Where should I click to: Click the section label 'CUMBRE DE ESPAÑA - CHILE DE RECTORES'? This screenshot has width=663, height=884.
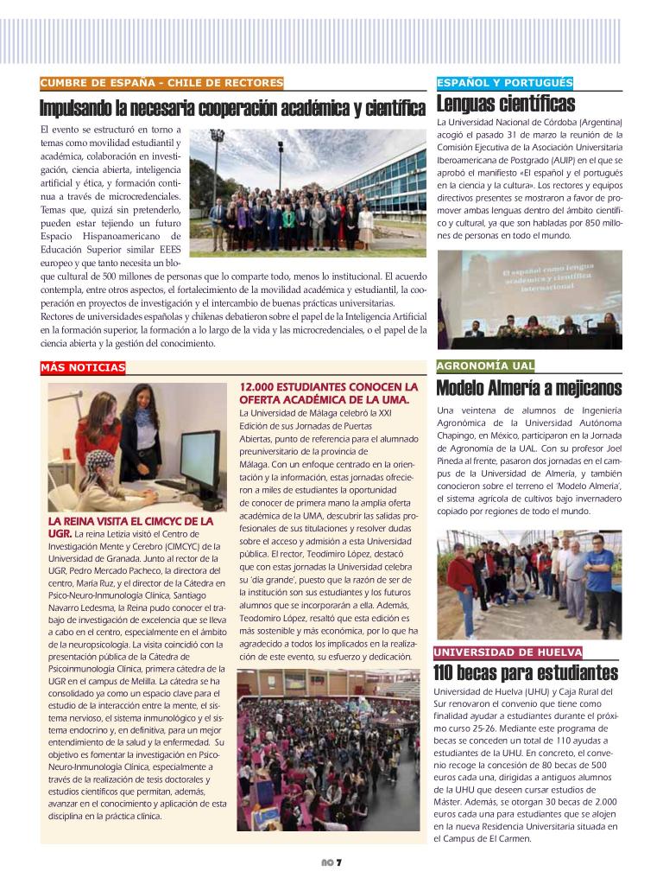coord(161,83)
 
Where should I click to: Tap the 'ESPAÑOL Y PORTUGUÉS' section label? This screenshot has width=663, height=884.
coord(505,83)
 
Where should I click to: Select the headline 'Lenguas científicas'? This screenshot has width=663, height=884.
coord(506,105)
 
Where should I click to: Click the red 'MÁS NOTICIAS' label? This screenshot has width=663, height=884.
coord(83,368)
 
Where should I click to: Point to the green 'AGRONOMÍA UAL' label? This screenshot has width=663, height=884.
coord(485,366)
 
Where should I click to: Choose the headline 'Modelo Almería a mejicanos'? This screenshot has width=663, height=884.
coord(528,388)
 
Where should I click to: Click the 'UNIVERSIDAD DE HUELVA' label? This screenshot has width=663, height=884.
coord(508,652)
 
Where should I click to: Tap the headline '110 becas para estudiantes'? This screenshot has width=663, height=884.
coord(527,673)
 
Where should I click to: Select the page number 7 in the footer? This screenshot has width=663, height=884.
coord(339,862)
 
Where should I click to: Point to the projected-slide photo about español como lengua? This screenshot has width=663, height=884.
coord(529,300)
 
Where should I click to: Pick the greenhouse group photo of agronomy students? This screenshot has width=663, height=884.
coord(528,583)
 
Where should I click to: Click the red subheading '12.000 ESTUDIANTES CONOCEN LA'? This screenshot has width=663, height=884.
coord(328,386)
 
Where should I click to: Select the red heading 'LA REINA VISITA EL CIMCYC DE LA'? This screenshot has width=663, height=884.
coord(130,522)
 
